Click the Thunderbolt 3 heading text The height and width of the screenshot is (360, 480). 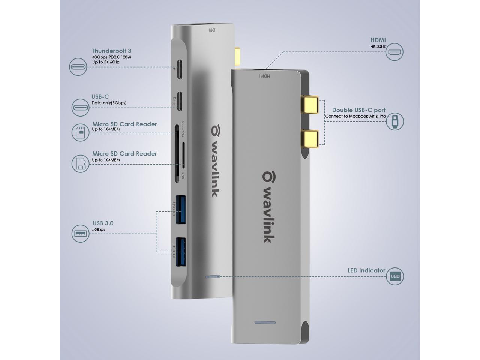pyautogui.click(x=111, y=51)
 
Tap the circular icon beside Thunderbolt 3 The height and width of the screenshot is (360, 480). pyautogui.click(x=78, y=67)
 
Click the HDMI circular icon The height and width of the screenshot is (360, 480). pyautogui.click(x=394, y=52)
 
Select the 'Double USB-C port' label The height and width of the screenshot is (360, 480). pyautogui.click(x=358, y=110)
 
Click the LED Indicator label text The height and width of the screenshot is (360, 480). pyautogui.click(x=366, y=270)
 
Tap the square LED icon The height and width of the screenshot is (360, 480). pyautogui.click(x=395, y=277)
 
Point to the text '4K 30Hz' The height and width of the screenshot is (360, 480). pyautogui.click(x=378, y=47)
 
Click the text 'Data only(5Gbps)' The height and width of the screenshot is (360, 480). pyautogui.click(x=109, y=103)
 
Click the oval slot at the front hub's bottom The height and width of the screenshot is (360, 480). pyautogui.click(x=265, y=322)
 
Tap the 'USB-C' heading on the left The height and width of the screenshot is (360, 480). pyautogui.click(x=100, y=97)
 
